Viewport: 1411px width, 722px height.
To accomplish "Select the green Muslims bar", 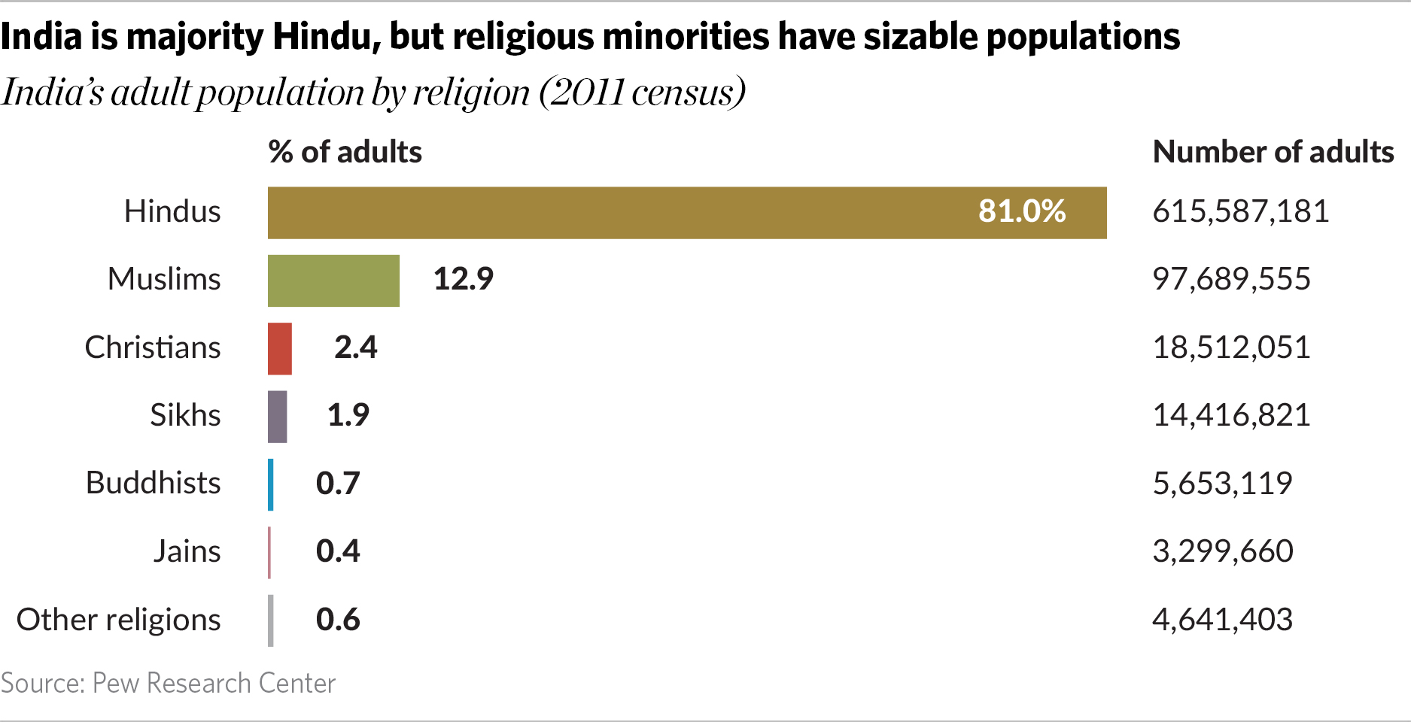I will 333,281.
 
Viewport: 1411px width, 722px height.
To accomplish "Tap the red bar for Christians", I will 280,349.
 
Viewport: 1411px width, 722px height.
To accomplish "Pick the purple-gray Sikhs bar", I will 277,417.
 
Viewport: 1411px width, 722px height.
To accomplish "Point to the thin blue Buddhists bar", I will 271,485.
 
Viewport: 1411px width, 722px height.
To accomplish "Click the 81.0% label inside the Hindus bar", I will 1021,211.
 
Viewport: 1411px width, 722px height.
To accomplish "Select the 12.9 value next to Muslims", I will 463,279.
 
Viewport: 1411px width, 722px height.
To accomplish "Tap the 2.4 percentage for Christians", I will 355,347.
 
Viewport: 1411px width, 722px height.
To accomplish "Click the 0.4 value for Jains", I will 338,551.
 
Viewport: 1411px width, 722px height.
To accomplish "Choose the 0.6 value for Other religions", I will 338,620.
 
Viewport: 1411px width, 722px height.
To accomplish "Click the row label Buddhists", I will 153,483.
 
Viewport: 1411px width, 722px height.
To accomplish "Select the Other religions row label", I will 118,620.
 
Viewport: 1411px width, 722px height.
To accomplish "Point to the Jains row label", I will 187,551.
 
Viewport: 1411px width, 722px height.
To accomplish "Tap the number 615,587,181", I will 1240,211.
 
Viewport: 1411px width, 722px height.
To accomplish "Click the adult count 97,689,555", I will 1231,279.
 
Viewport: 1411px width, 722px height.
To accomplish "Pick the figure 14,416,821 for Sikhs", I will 1231,415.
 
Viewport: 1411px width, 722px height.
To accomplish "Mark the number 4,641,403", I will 1222,620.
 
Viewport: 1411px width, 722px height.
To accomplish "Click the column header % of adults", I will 345,152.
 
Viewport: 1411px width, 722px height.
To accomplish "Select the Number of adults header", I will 1273,152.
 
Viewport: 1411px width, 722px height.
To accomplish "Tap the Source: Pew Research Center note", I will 168,683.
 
